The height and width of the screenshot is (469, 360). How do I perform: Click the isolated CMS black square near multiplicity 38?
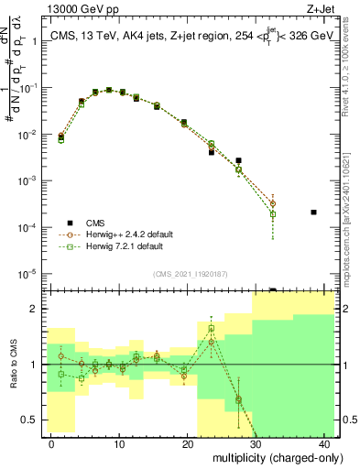tap(313, 212)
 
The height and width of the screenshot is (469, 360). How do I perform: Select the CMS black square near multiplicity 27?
tap(238, 160)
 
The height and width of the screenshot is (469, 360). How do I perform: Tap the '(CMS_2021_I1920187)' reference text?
tap(190, 272)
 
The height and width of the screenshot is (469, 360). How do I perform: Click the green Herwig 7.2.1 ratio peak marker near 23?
tap(212, 328)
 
